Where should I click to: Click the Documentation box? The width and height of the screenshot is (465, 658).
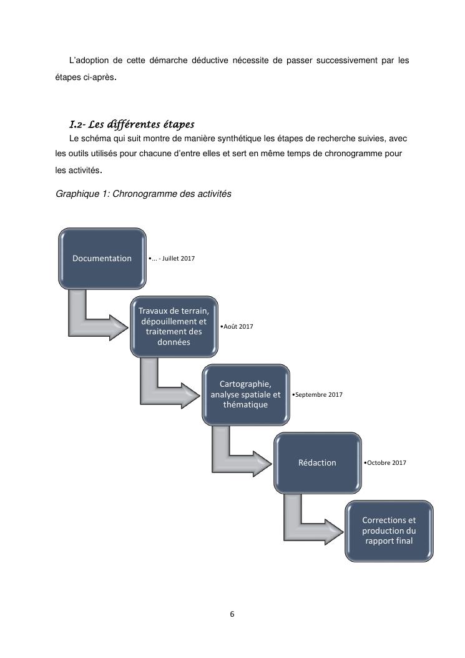[x=102, y=258]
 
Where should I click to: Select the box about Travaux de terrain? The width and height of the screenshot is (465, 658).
[x=174, y=326]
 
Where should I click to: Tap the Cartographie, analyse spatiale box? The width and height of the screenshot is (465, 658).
[x=245, y=394]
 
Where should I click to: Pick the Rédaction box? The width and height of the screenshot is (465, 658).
[x=317, y=462]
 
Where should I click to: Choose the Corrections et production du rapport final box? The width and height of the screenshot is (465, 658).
[x=389, y=531]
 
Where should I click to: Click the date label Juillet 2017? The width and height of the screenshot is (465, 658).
[x=172, y=258]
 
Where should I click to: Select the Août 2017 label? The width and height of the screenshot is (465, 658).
[x=237, y=326]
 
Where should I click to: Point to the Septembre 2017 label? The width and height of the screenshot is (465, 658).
[x=318, y=394]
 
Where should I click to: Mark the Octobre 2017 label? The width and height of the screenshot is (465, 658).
[x=385, y=462]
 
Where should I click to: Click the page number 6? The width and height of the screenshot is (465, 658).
[x=232, y=614]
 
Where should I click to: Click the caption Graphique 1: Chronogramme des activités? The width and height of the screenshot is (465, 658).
[x=144, y=194]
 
